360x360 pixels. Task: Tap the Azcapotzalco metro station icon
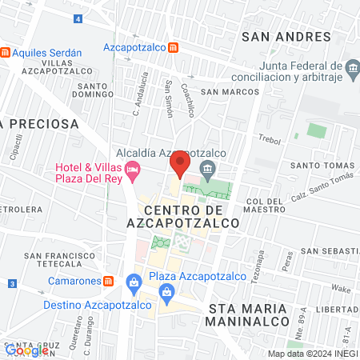[173, 47]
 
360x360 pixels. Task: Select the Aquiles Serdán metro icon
[6, 53]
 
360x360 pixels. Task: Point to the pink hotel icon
[133, 169]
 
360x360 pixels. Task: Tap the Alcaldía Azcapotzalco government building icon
[208, 168]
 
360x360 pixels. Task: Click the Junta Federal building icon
[351, 70]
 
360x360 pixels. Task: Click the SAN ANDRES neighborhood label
[285, 37]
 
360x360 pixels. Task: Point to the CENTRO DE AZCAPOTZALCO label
[182, 215]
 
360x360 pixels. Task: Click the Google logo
[26, 350]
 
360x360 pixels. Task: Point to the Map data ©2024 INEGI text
[313, 354]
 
